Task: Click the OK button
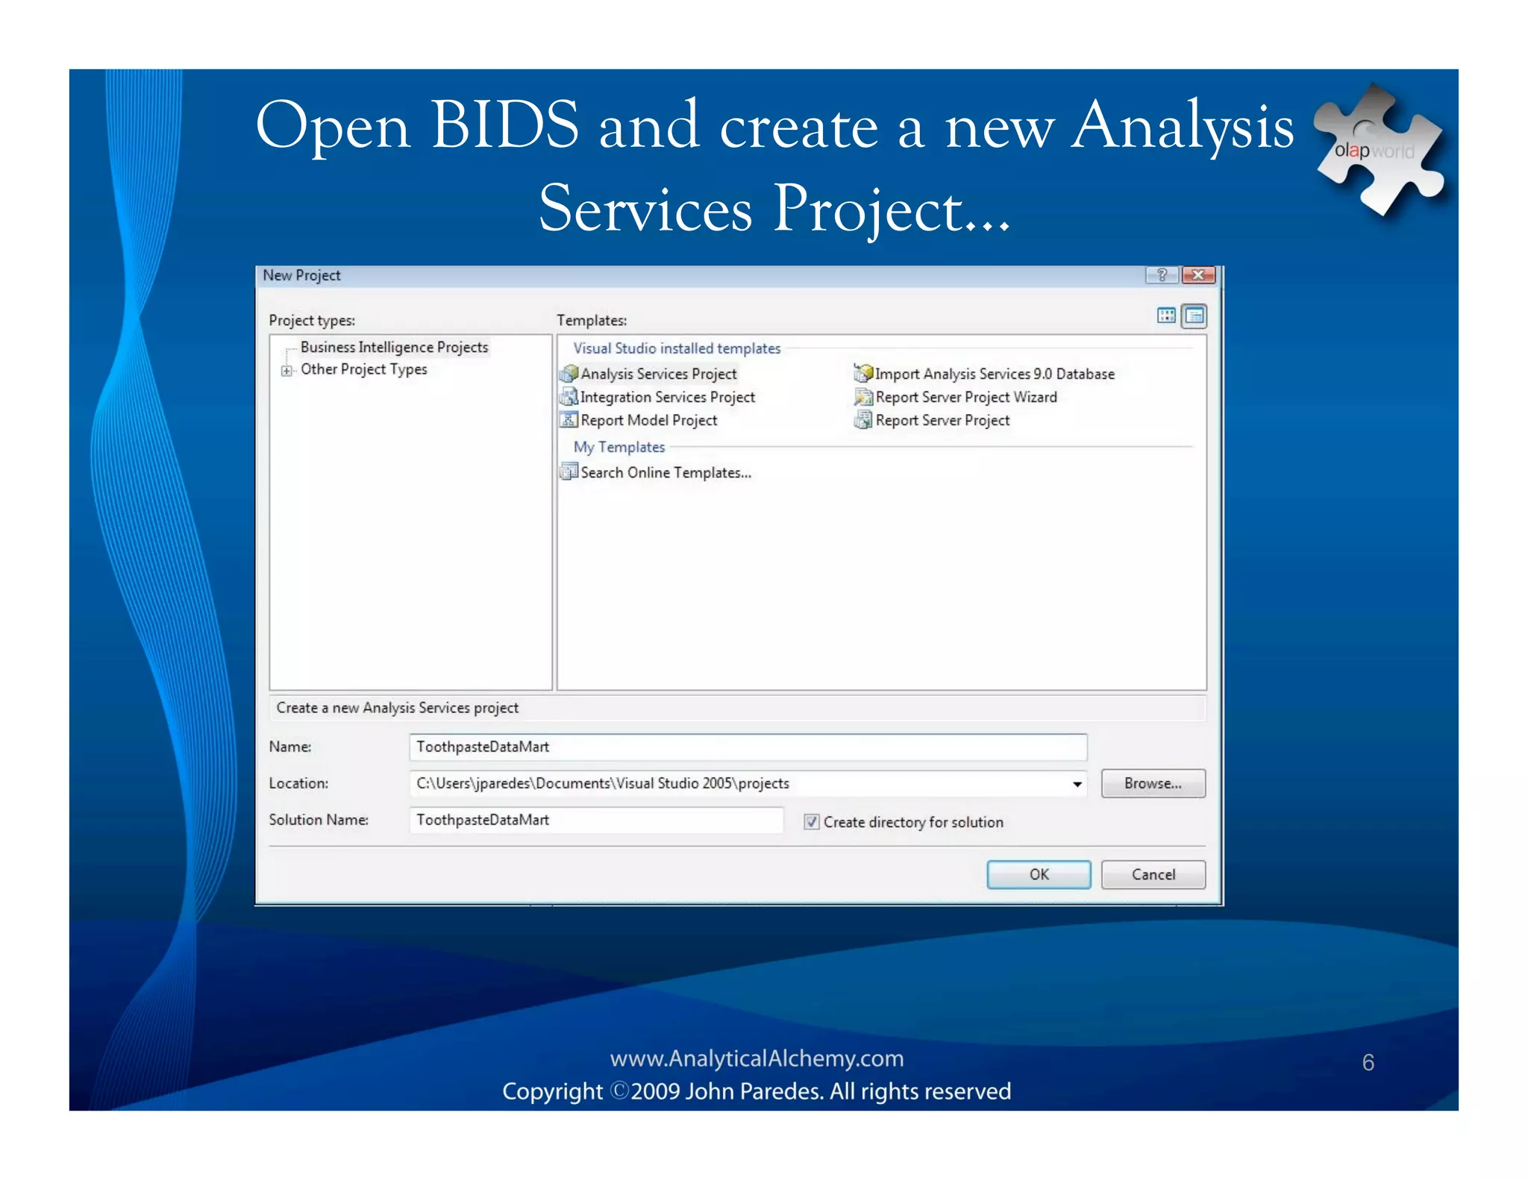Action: [x=1038, y=874]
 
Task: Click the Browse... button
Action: [x=1153, y=783]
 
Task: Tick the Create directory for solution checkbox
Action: [x=811, y=822]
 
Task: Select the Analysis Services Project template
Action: [x=657, y=374]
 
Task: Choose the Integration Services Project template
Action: [x=666, y=397]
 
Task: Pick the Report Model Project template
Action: [x=648, y=420]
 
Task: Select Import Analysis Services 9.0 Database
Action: [x=994, y=374]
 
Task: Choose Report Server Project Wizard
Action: [x=965, y=397]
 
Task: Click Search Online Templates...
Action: [x=665, y=472]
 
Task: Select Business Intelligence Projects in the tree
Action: [x=394, y=347]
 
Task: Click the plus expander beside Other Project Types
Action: [x=286, y=370]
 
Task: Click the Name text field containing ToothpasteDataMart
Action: [x=748, y=747]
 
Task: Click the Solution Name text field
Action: [x=596, y=820]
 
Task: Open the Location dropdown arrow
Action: [x=1077, y=784]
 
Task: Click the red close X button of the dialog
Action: [x=1198, y=275]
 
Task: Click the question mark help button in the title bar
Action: [x=1162, y=275]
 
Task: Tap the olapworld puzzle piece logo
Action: [x=1377, y=149]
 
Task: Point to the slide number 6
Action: [x=1368, y=1062]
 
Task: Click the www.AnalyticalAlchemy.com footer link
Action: [x=757, y=1058]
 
